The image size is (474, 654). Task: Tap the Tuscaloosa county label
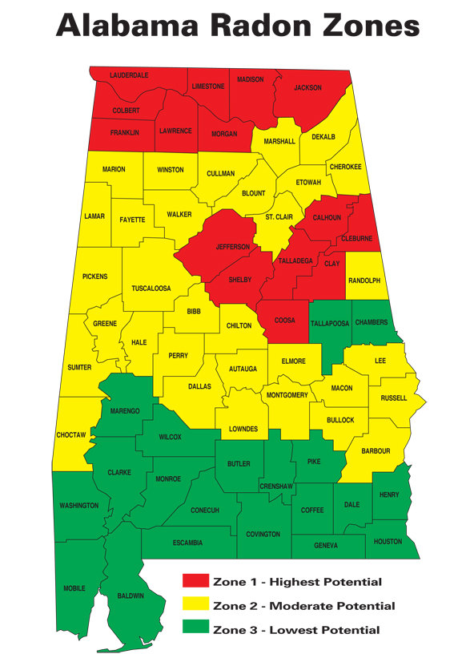pyautogui.click(x=151, y=289)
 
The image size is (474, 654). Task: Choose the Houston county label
pyautogui.click(x=388, y=542)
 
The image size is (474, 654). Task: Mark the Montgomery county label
pyautogui.click(x=286, y=395)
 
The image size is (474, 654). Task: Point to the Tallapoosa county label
pyautogui.click(x=329, y=322)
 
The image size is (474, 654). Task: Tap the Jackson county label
pyautogui.click(x=307, y=87)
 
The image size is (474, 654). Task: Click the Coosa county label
pyautogui.click(x=285, y=321)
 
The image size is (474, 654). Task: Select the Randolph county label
pyautogui.click(x=364, y=281)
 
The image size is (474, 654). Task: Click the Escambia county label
pyautogui.click(x=187, y=543)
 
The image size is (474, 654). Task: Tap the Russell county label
pyautogui.click(x=393, y=398)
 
